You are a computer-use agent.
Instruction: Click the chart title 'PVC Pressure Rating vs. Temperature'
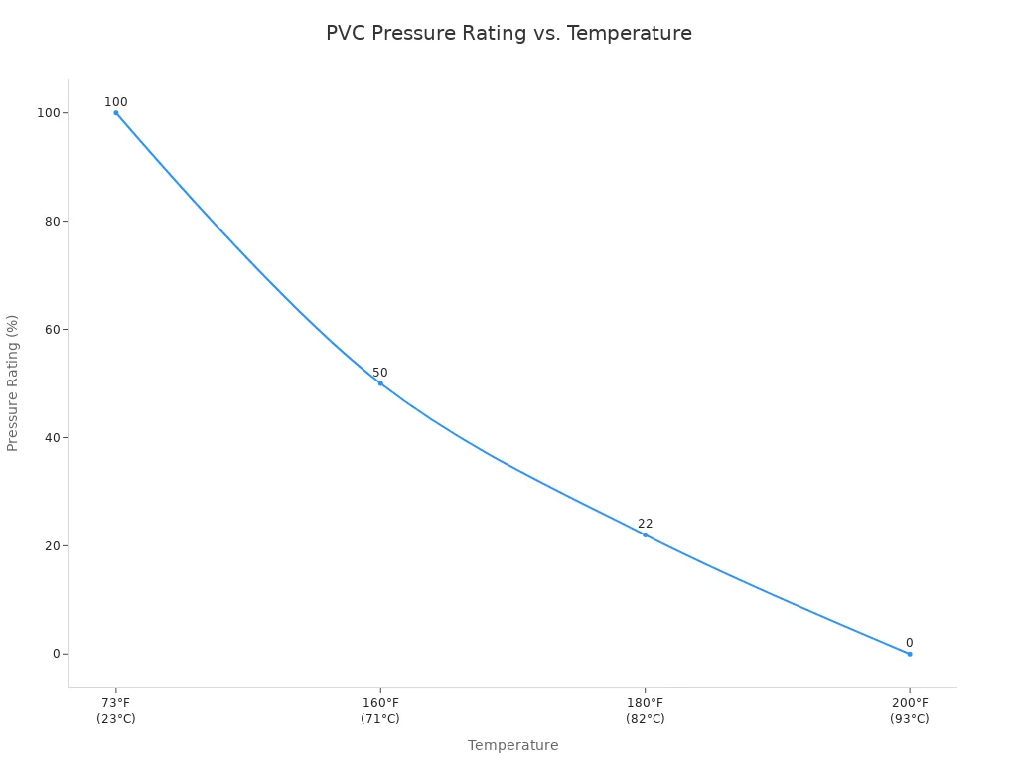coord(508,34)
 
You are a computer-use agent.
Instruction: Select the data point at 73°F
coord(116,113)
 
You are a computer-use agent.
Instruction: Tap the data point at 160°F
coord(380,383)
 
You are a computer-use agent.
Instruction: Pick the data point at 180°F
coord(645,534)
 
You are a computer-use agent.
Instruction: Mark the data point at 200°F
coord(909,654)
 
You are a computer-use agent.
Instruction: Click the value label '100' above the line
coord(116,102)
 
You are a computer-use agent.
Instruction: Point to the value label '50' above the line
coord(380,373)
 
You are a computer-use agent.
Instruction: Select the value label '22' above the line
coord(645,524)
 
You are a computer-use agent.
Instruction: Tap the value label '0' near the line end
coord(909,643)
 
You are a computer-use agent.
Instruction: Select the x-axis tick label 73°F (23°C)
coord(116,711)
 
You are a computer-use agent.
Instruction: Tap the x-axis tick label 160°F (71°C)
coord(380,711)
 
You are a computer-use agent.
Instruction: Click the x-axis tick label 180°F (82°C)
coord(645,711)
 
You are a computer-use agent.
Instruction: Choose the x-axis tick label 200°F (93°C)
coord(909,711)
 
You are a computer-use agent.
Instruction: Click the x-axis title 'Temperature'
coord(512,745)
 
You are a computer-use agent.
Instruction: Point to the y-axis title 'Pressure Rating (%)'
coord(13,382)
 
